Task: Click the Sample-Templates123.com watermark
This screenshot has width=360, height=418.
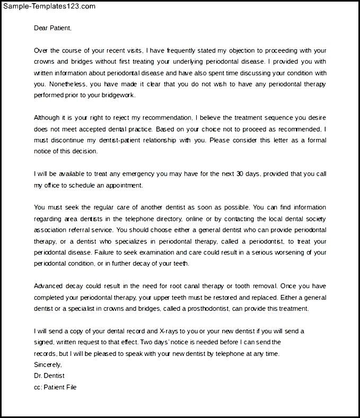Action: [x=49, y=6]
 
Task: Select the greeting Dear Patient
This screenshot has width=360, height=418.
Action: [x=52, y=28]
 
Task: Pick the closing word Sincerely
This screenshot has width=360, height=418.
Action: [x=48, y=364]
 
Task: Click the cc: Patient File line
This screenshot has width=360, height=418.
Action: [x=55, y=387]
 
